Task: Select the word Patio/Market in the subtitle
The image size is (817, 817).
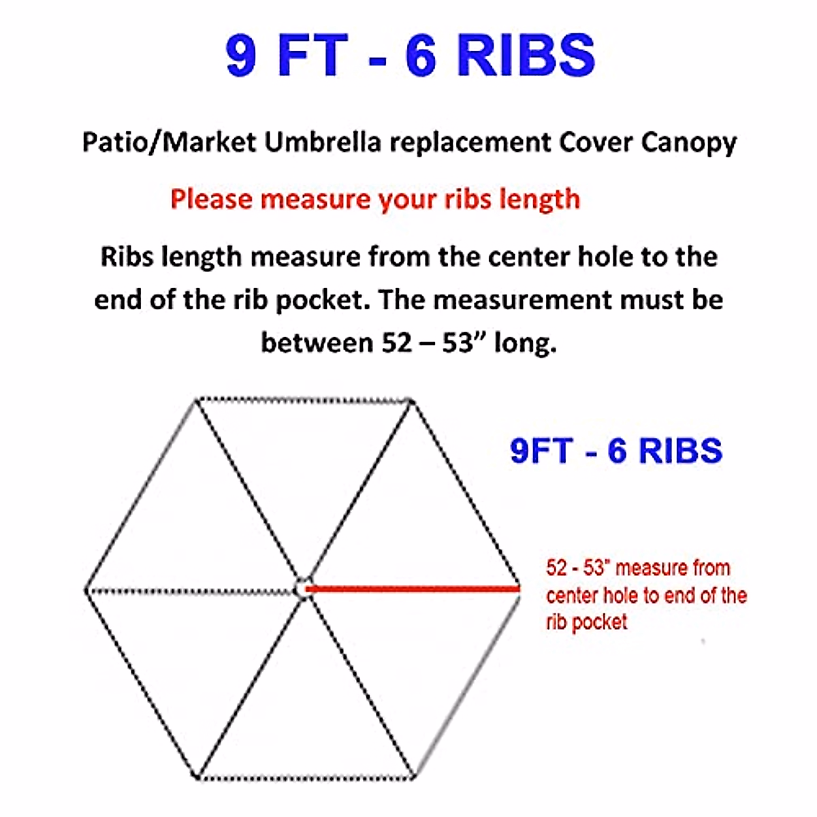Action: click(169, 142)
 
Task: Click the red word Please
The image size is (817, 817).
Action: click(212, 199)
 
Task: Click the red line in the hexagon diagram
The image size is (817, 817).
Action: click(412, 588)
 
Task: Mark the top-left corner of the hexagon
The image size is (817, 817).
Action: click(196, 400)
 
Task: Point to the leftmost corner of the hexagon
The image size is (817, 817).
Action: click(86, 590)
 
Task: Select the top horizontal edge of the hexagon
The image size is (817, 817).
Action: click(304, 400)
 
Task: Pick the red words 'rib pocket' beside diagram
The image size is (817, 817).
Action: click(586, 622)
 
